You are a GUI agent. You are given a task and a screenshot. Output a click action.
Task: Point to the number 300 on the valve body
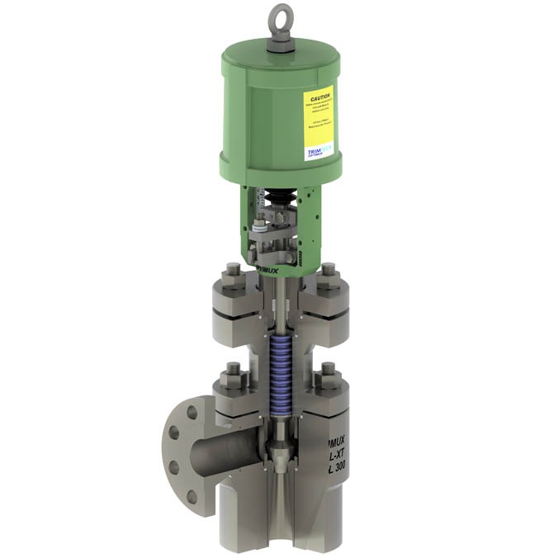(342, 468)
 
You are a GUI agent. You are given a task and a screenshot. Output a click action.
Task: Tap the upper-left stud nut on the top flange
(232, 274)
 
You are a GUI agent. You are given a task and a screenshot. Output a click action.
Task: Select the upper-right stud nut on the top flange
(329, 274)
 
